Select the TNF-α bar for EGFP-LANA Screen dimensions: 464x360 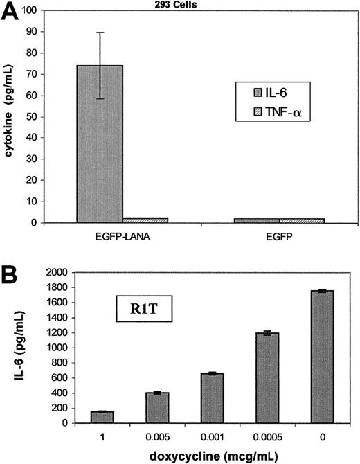[145, 220]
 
